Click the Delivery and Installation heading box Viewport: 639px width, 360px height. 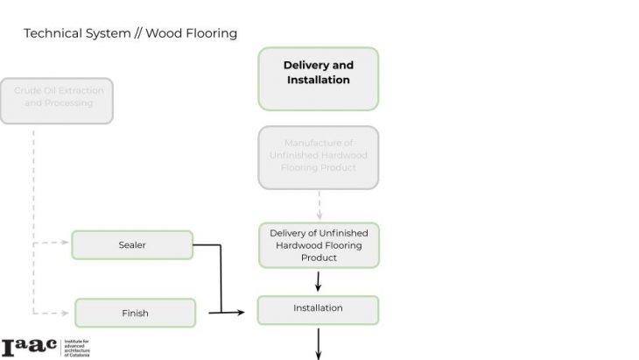[318, 79]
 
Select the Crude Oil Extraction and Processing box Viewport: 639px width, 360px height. [57, 96]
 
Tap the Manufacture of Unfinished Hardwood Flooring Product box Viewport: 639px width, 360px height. [319, 156]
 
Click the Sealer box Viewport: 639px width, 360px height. [132, 245]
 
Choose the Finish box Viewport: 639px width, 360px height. [135, 313]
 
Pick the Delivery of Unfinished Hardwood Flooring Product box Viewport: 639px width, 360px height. [319, 245]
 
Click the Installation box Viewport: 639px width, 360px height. [318, 309]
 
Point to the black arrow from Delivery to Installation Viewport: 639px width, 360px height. [319, 282]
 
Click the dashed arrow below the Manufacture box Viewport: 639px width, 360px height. [319, 205]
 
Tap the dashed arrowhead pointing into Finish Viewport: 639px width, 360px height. [65, 312]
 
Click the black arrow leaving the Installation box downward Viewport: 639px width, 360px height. [319, 342]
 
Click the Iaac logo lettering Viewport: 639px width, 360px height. [28, 347]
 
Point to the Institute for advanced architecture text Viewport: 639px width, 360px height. [78, 347]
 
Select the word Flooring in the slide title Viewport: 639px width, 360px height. [209, 33]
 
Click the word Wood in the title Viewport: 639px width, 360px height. [162, 33]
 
